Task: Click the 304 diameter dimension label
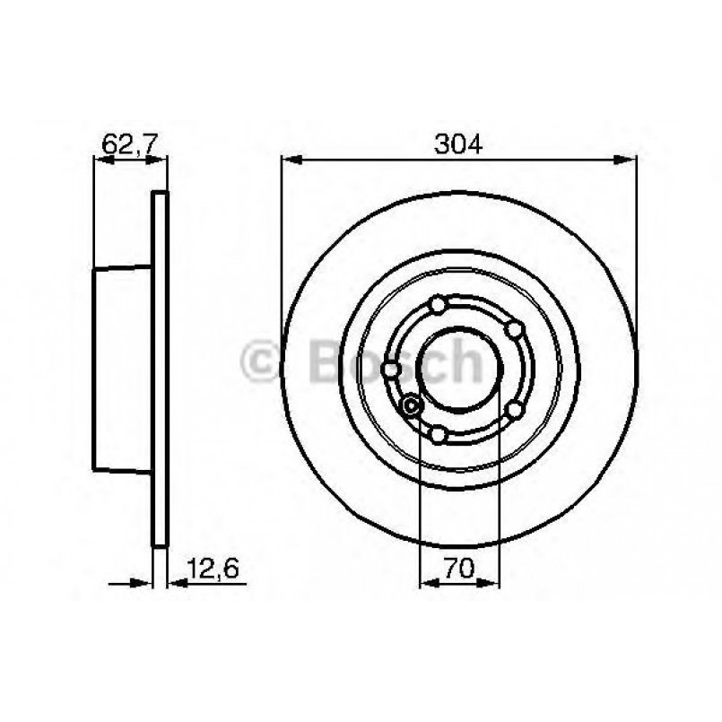pyautogui.click(x=458, y=144)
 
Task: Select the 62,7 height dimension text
pyautogui.click(x=130, y=144)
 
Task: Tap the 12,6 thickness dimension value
pyautogui.click(x=213, y=569)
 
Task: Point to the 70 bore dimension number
pyautogui.click(x=459, y=569)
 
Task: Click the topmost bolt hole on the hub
pyautogui.click(x=438, y=305)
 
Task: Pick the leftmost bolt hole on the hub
pyautogui.click(x=391, y=370)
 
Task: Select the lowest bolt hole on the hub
pyautogui.click(x=439, y=434)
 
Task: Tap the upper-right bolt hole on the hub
pyautogui.click(x=514, y=329)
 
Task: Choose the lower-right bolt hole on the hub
pyautogui.click(x=515, y=409)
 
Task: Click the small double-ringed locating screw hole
pyautogui.click(x=411, y=405)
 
